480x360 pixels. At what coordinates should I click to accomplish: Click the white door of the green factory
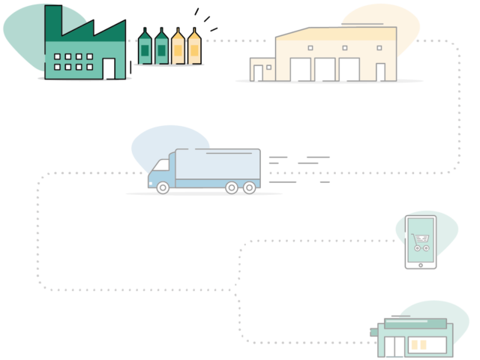109,68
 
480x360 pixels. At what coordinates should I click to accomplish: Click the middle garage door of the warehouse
325,69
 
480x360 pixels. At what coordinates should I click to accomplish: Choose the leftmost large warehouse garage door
300,69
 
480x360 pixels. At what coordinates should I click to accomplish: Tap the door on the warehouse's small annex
258,73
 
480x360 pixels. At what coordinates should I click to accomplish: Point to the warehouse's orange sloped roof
337,34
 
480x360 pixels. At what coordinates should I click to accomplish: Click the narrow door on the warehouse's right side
380,71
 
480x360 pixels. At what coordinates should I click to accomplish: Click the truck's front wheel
163,187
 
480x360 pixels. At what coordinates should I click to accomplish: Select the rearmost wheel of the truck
250,187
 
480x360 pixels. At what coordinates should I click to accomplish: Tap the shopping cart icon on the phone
420,242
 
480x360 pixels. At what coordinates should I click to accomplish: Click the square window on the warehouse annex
268,67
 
